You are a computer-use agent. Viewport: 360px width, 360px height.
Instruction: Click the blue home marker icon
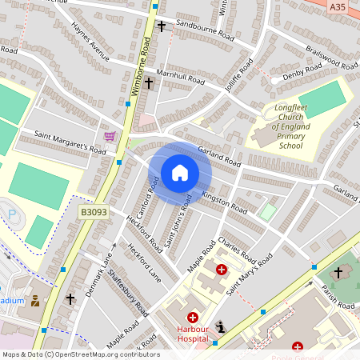[x=180, y=172]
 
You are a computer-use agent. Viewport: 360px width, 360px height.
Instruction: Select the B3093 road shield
[x=92, y=213]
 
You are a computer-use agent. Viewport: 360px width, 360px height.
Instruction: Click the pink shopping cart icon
[x=110, y=137]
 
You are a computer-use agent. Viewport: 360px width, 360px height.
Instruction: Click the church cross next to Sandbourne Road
[x=162, y=26]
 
